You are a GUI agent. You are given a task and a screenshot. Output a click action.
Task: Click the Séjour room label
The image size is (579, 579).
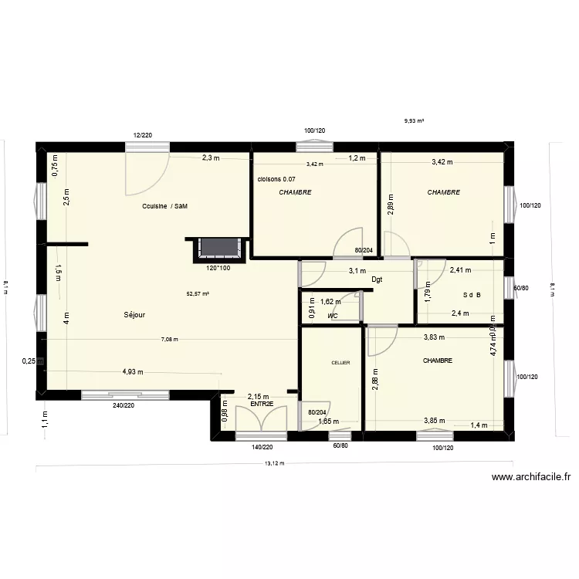pyautogui.click(x=134, y=315)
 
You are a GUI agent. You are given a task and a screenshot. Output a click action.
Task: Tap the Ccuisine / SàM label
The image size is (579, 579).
pyautogui.click(x=165, y=206)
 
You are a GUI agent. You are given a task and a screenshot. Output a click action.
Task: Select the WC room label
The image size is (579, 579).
pyautogui.click(x=333, y=317)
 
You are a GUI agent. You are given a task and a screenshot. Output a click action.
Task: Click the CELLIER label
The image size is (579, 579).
pyautogui.click(x=340, y=362)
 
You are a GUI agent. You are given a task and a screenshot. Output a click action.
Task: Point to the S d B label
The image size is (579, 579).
pyautogui.click(x=472, y=295)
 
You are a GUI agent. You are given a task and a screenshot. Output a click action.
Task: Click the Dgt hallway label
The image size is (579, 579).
pyautogui.click(x=377, y=279)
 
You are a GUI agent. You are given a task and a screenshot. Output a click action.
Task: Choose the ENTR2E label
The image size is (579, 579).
pyautogui.click(x=262, y=403)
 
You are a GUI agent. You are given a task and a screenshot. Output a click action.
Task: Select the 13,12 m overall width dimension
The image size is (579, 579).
pyautogui.click(x=275, y=464)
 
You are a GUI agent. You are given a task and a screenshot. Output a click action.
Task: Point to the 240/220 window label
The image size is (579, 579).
pyautogui.click(x=124, y=405)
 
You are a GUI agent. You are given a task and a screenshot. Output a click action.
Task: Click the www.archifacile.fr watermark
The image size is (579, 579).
pyautogui.click(x=530, y=479)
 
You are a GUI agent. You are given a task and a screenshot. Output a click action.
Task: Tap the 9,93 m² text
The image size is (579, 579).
pyautogui.click(x=415, y=121)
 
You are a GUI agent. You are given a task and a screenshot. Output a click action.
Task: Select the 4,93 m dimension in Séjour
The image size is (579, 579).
pyautogui.click(x=134, y=372)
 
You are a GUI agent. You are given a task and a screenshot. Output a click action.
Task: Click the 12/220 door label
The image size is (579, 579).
pyautogui.click(x=142, y=135)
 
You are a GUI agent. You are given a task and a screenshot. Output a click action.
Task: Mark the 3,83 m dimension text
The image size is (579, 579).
pyautogui.click(x=435, y=337)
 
